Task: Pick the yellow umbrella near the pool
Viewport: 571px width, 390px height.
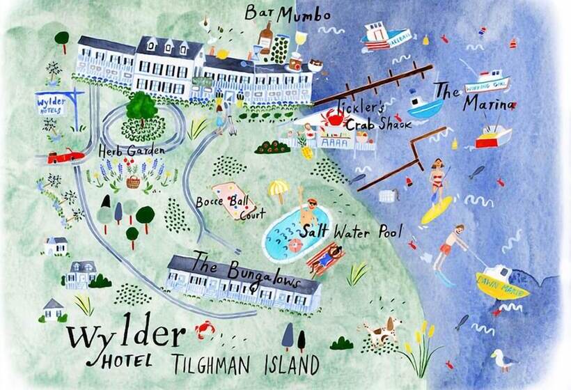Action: [279, 189]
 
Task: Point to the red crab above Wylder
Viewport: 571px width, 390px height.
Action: [205, 328]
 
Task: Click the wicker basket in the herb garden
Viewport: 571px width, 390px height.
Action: [133, 182]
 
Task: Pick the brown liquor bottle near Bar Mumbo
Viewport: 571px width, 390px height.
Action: [265, 38]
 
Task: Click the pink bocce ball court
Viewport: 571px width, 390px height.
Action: [233, 198]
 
